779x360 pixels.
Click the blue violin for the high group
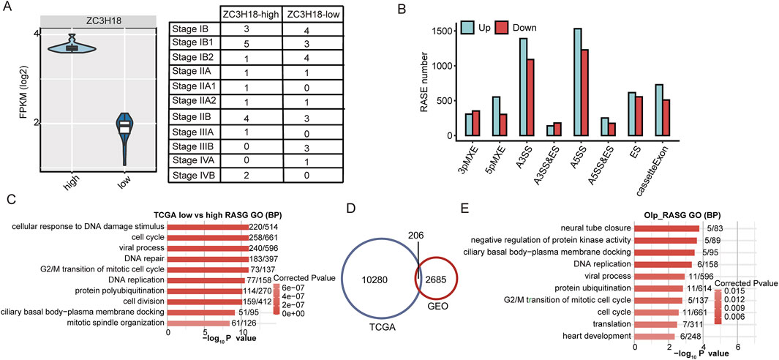pyautogui.click(x=72, y=48)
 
